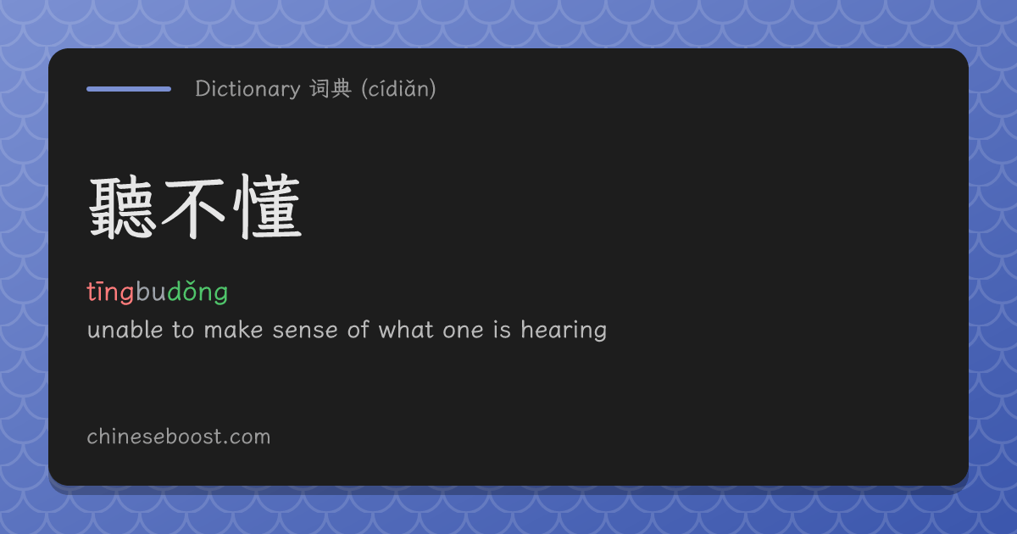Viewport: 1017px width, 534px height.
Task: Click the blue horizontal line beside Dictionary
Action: coord(129,89)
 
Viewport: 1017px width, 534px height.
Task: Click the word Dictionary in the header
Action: coord(247,88)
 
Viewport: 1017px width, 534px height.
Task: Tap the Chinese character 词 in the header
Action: coord(320,88)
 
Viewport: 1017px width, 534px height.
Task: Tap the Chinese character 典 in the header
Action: coord(341,88)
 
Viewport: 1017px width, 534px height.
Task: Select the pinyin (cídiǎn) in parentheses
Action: coord(398,88)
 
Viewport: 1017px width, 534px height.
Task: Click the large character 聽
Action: coord(120,208)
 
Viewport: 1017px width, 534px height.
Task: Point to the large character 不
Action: coord(193,208)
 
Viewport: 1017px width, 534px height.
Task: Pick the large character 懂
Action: coord(267,207)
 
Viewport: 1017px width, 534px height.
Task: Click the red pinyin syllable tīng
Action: coord(110,292)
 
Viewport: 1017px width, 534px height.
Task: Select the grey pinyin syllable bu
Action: coord(151,292)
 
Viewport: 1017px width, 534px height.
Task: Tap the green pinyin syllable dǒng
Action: coord(197,292)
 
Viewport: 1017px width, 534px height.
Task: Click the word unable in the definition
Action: coord(125,329)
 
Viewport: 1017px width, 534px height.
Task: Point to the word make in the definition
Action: coord(233,329)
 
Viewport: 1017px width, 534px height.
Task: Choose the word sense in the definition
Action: coord(305,330)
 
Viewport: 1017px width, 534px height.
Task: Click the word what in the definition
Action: coord(406,329)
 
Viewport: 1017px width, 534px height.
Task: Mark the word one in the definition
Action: coord(463,330)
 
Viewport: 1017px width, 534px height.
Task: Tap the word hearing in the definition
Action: coord(564,330)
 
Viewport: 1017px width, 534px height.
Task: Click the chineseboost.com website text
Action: coord(179,437)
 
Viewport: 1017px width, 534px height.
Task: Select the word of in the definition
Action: coord(358,329)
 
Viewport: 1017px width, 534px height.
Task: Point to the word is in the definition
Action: coord(502,329)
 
